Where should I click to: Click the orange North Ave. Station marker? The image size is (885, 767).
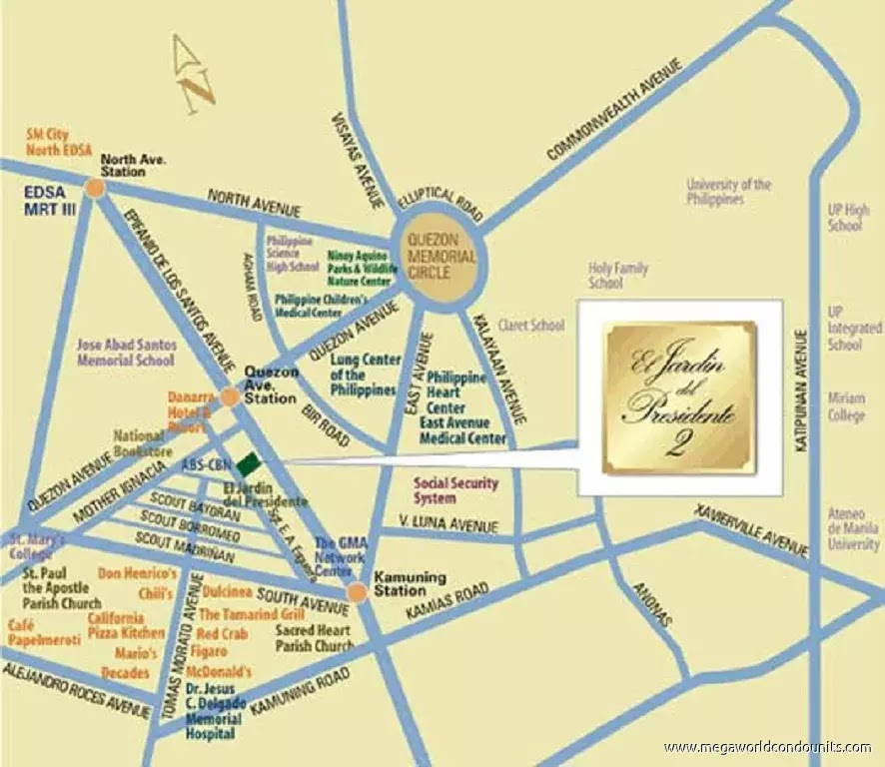pos(94,187)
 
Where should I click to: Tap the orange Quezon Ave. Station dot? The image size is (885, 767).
pos(229,397)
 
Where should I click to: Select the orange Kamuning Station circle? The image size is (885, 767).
pos(357,593)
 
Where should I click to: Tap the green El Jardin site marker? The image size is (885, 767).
pos(247,460)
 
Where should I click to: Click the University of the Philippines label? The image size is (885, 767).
pos(728,192)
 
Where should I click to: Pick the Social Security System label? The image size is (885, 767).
pos(455,490)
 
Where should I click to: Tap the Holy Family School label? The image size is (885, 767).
pos(618,276)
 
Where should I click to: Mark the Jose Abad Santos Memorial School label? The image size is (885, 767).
pos(125,352)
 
